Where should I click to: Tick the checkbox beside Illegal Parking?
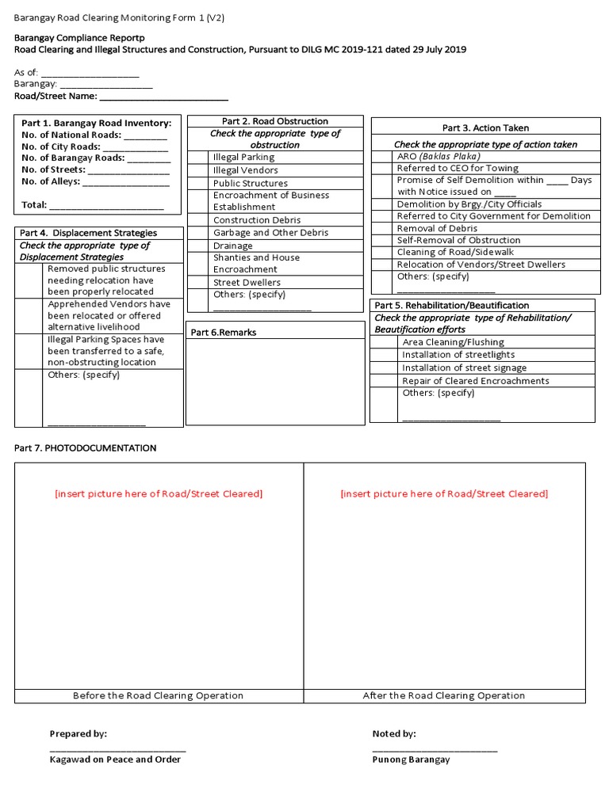click(198, 157)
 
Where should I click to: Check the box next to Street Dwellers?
click(198, 282)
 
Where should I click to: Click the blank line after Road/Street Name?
click(163, 97)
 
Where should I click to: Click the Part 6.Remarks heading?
click(224, 333)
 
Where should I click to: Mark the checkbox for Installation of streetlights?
click(385, 355)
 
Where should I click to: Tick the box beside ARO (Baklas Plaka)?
click(383, 157)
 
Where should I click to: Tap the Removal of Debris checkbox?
click(383, 228)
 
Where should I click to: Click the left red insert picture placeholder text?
click(159, 494)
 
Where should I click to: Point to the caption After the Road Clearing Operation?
click(444, 696)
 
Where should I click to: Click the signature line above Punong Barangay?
click(435, 748)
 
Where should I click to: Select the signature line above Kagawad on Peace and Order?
click(117, 748)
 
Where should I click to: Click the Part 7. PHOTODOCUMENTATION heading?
click(86, 448)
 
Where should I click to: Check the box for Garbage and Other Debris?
click(198, 233)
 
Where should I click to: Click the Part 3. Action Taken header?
click(485, 128)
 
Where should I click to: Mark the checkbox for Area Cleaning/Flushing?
click(385, 342)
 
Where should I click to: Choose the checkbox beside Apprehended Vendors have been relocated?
click(31, 315)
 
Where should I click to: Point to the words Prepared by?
click(79, 734)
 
